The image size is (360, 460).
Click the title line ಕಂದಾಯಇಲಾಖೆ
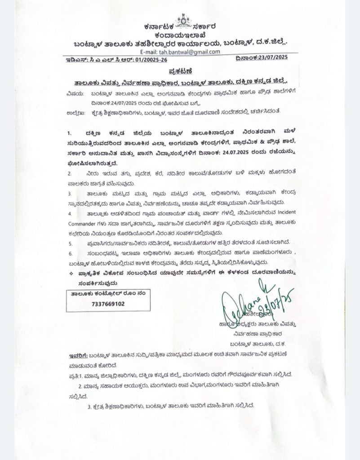pyautogui.click(x=183, y=34)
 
